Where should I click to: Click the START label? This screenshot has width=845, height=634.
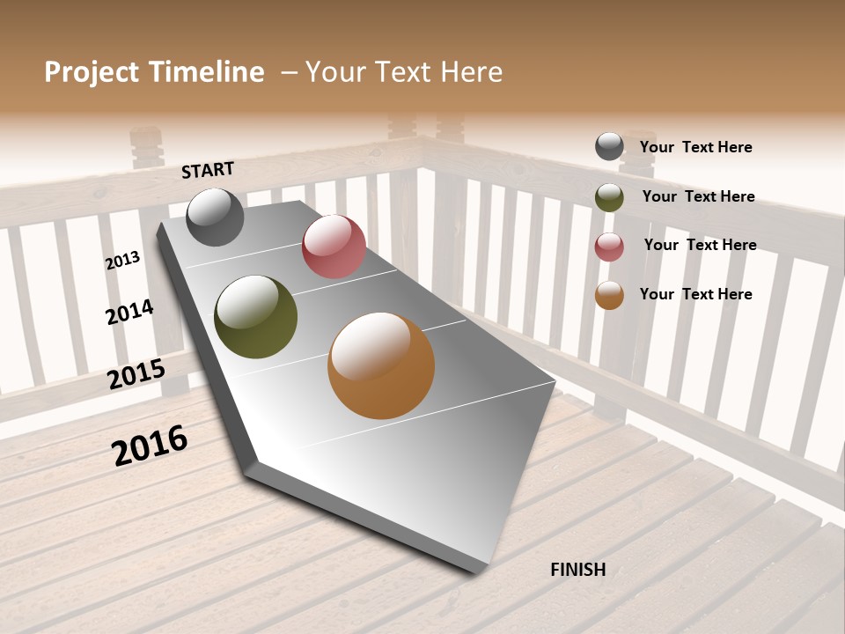(208, 170)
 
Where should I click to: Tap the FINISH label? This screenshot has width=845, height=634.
(578, 570)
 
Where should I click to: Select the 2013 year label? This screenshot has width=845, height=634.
(123, 261)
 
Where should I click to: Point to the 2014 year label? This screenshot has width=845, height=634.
(129, 312)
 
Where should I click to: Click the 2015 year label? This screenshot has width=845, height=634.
(136, 374)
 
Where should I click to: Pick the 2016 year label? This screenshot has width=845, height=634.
(150, 445)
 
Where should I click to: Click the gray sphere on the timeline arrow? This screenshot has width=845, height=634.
(215, 217)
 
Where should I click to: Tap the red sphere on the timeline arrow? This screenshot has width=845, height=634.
(334, 247)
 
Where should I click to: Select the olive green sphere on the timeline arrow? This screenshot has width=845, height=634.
(255, 317)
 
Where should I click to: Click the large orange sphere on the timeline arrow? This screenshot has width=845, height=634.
(381, 365)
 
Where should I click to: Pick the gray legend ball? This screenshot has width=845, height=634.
(609, 146)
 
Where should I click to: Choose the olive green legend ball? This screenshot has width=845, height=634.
(609, 197)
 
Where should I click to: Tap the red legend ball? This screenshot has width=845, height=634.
(609, 247)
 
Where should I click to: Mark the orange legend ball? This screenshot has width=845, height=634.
(609, 296)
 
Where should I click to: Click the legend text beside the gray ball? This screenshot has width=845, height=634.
(695, 147)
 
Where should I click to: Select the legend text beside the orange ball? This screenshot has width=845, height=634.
(695, 294)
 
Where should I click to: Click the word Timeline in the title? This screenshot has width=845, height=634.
(206, 72)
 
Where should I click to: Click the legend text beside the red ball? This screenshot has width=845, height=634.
(700, 245)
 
